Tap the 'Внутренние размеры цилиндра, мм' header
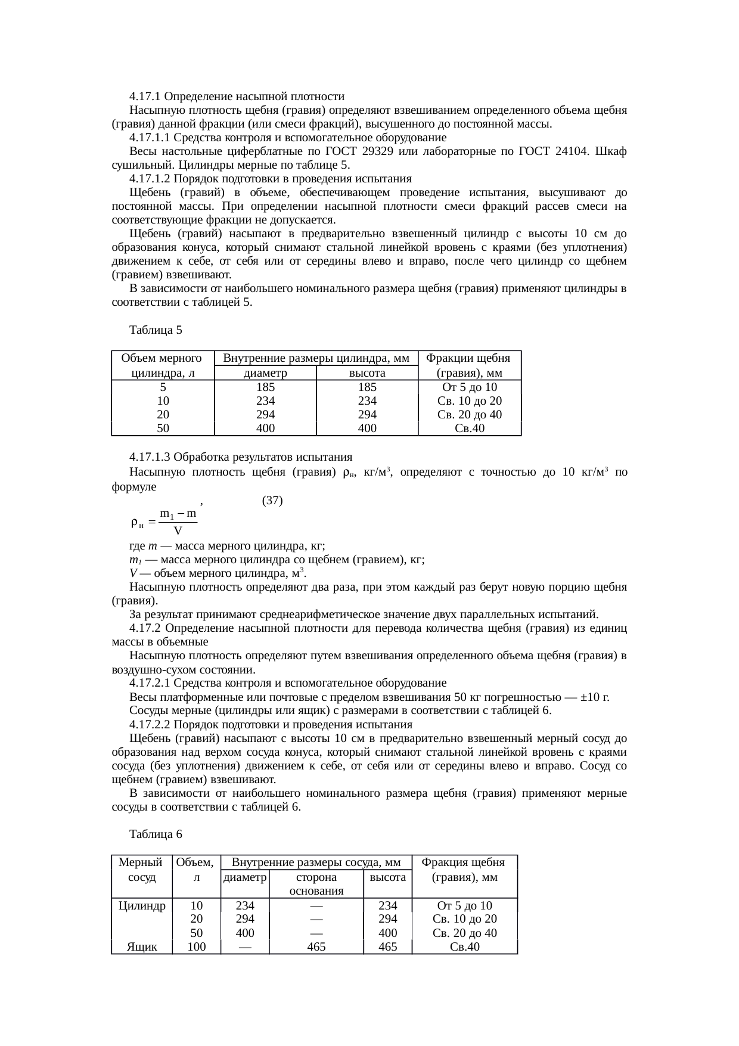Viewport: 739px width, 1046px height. click(316, 358)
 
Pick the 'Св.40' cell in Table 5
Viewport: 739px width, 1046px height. click(469, 429)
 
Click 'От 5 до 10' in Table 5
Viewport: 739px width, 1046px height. click(469, 387)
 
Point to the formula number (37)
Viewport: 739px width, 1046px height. click(272, 501)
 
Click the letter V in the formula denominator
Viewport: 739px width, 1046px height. click(178, 530)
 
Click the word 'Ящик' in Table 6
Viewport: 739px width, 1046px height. click(142, 947)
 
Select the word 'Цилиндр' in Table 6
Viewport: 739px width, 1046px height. click(142, 906)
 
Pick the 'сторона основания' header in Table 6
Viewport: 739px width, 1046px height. click(316, 884)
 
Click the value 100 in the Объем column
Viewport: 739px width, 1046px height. click(197, 947)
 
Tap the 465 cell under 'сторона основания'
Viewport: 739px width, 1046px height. click(316, 947)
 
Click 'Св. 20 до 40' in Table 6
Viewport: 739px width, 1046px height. click(464, 933)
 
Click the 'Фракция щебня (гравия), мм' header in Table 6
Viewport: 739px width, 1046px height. click(464, 870)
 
